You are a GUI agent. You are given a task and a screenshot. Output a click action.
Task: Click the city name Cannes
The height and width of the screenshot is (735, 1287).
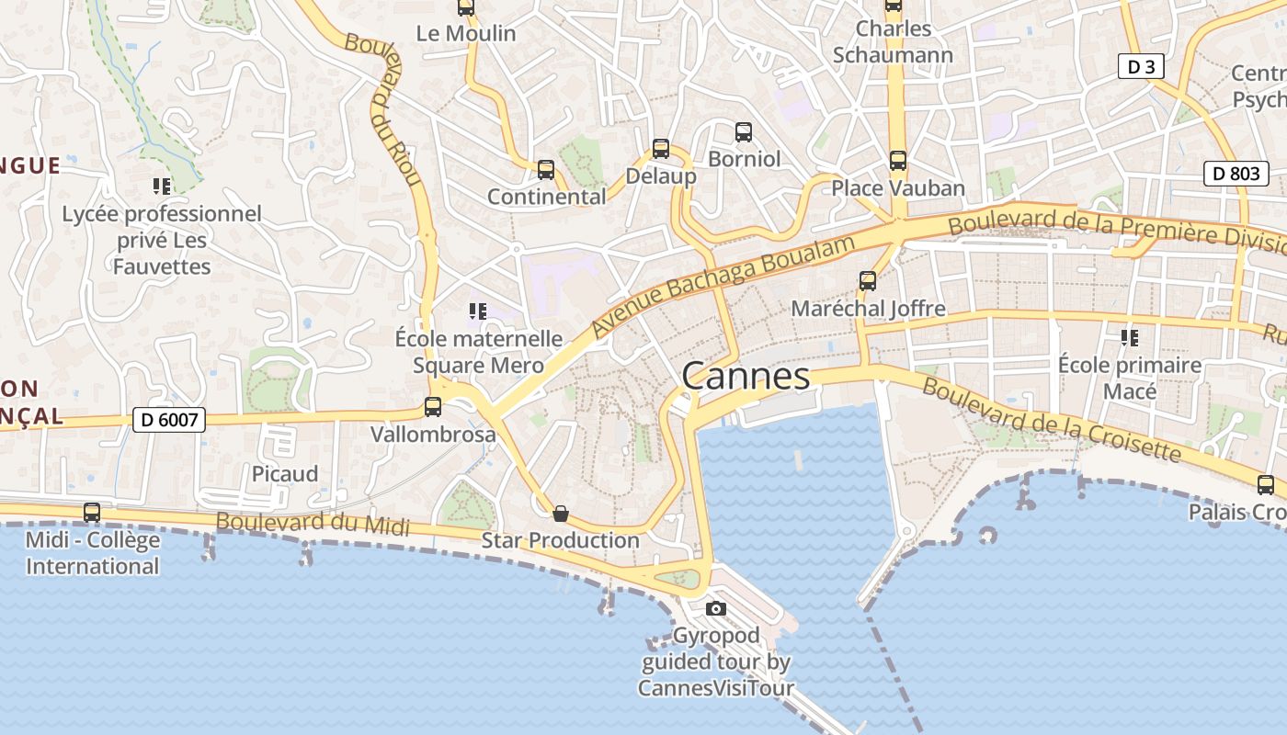tap(746, 377)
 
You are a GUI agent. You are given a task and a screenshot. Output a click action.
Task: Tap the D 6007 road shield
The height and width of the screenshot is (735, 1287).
tap(168, 420)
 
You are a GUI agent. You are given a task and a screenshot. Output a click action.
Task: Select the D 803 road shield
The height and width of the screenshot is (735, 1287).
tap(1236, 173)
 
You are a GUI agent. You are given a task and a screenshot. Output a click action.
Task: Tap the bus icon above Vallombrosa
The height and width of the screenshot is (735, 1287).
tap(433, 406)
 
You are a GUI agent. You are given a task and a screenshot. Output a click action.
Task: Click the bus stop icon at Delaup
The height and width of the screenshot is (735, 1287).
tap(660, 148)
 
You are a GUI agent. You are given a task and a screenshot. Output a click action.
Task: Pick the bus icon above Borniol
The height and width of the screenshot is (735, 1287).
tap(744, 132)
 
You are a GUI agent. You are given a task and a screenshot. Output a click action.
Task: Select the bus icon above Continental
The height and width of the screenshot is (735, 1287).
tap(546, 170)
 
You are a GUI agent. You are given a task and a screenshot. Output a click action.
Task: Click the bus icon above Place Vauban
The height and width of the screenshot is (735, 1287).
tap(898, 161)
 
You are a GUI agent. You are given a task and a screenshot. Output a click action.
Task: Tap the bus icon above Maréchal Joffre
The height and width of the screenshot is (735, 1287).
tap(868, 281)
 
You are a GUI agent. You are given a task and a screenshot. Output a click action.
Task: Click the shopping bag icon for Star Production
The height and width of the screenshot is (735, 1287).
tap(560, 514)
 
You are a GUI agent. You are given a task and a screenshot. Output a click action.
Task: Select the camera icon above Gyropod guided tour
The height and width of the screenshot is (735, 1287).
tap(715, 608)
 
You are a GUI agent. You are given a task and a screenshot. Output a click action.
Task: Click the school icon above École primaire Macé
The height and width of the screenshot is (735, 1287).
tap(1130, 338)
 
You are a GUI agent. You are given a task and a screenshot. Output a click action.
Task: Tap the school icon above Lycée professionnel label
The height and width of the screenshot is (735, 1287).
tap(162, 187)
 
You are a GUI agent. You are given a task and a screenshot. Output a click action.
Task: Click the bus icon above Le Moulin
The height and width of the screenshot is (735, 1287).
tap(466, 7)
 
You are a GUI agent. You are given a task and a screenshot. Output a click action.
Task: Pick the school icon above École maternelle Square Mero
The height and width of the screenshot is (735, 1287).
tap(477, 311)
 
